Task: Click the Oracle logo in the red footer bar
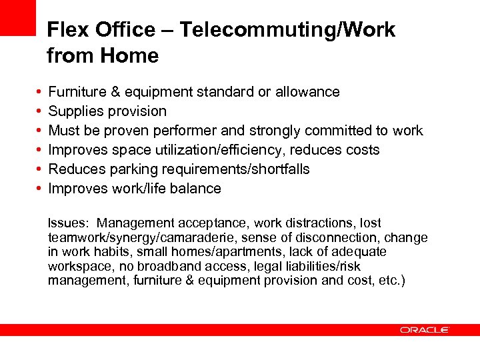425,329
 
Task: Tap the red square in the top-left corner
17,17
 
